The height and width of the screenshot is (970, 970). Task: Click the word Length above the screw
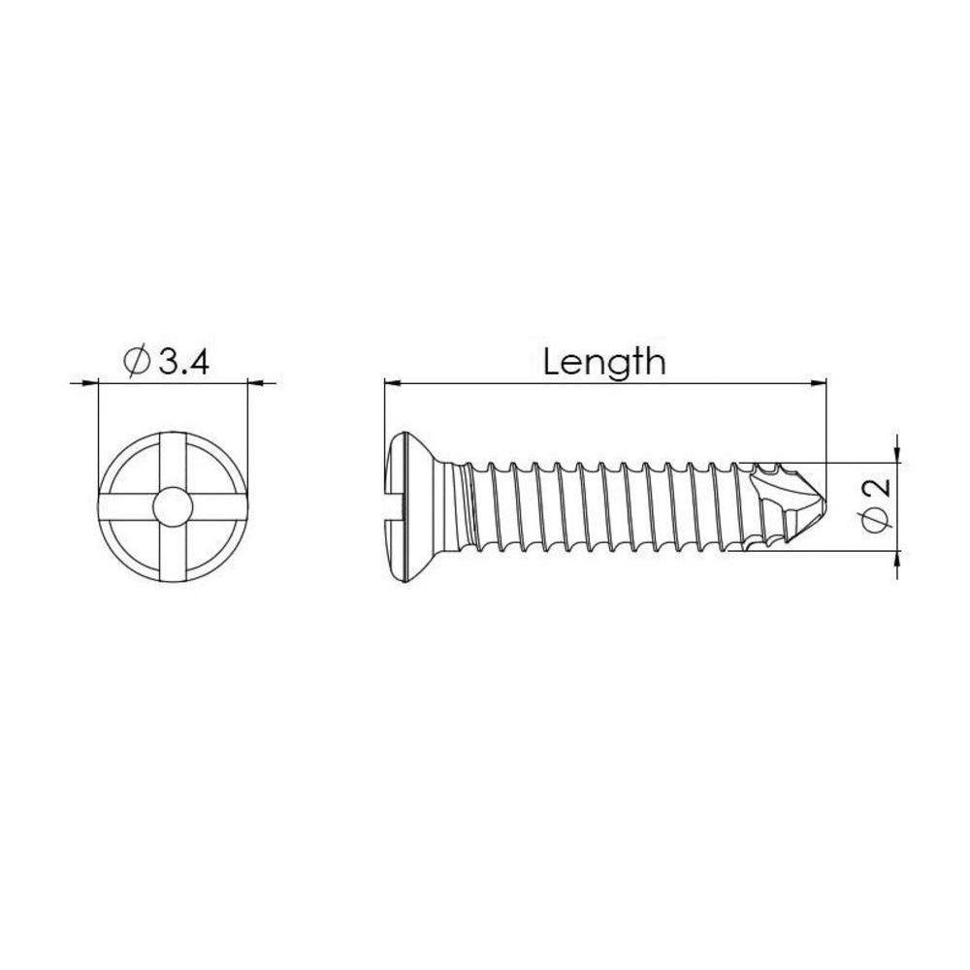pos(604,363)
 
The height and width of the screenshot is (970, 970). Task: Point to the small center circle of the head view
pos(173,506)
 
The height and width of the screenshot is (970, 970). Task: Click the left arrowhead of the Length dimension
pos(392,383)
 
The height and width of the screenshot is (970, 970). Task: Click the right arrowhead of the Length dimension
pos(819,383)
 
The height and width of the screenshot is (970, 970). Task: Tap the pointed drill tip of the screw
pos(825,505)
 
